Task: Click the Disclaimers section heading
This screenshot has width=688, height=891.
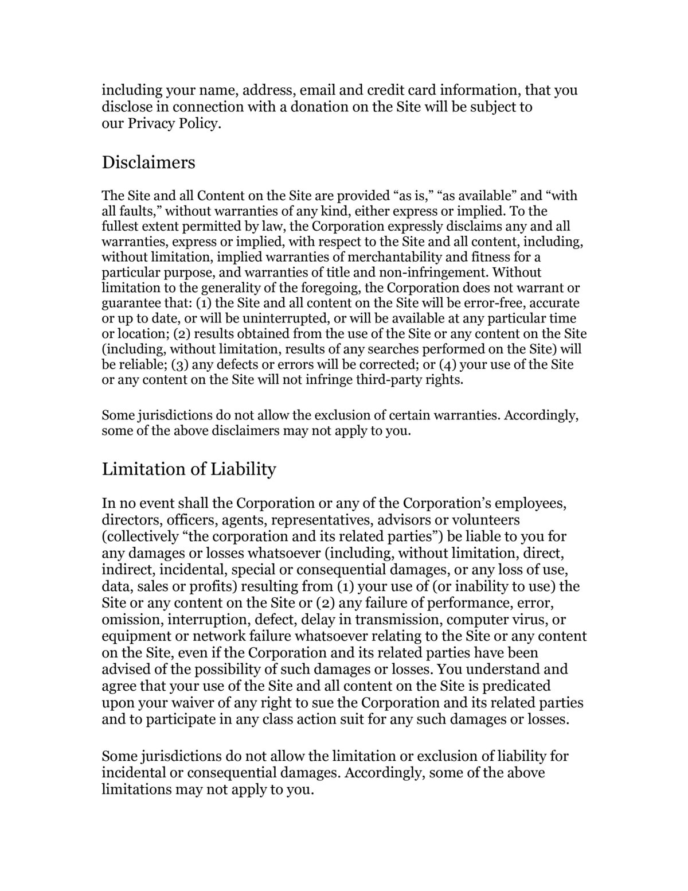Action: (x=148, y=162)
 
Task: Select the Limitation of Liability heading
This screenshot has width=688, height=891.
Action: (x=189, y=469)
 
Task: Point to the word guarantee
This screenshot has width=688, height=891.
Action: (x=132, y=303)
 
